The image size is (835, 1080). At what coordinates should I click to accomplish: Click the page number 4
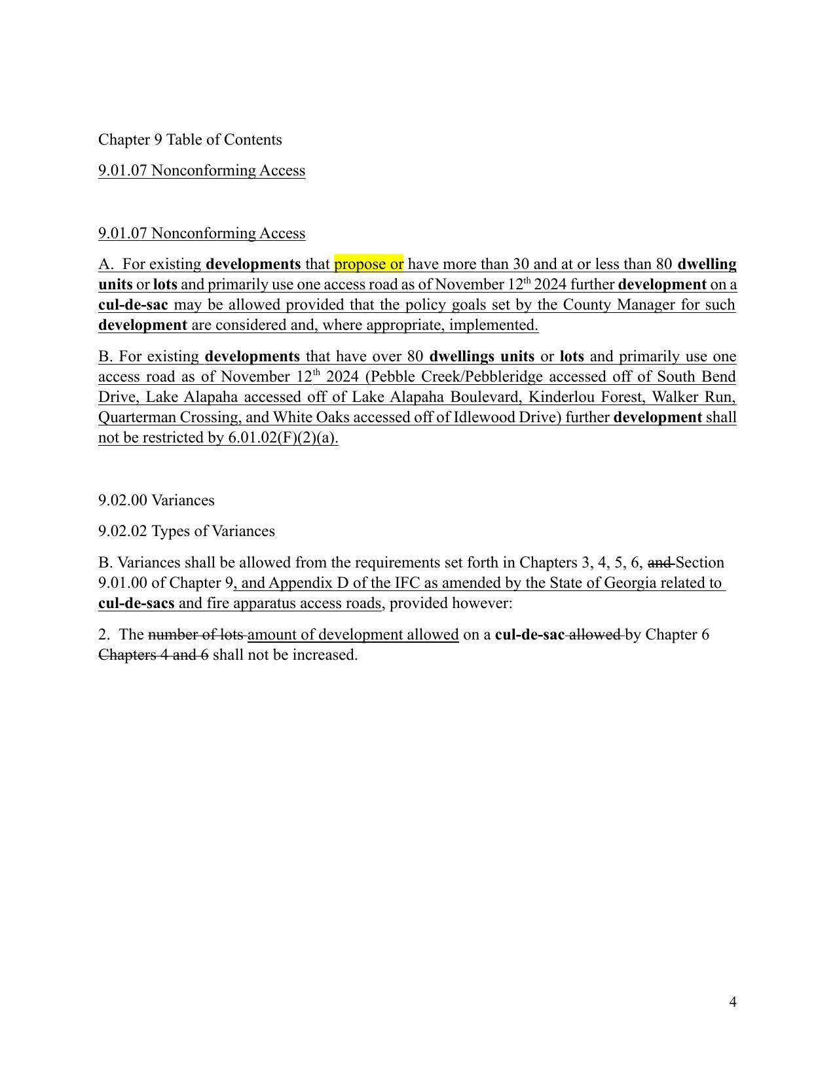[732, 1002]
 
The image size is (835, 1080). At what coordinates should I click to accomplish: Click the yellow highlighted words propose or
[369, 264]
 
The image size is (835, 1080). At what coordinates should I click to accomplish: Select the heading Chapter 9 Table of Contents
[190, 140]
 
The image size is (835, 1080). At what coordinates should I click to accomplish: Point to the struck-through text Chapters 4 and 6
[153, 655]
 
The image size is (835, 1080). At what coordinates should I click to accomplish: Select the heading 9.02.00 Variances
[156, 501]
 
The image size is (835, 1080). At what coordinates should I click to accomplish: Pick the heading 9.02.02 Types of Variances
[186, 531]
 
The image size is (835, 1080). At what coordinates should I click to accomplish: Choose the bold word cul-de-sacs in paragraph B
[136, 603]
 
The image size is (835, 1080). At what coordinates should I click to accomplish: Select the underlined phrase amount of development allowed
[353, 635]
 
